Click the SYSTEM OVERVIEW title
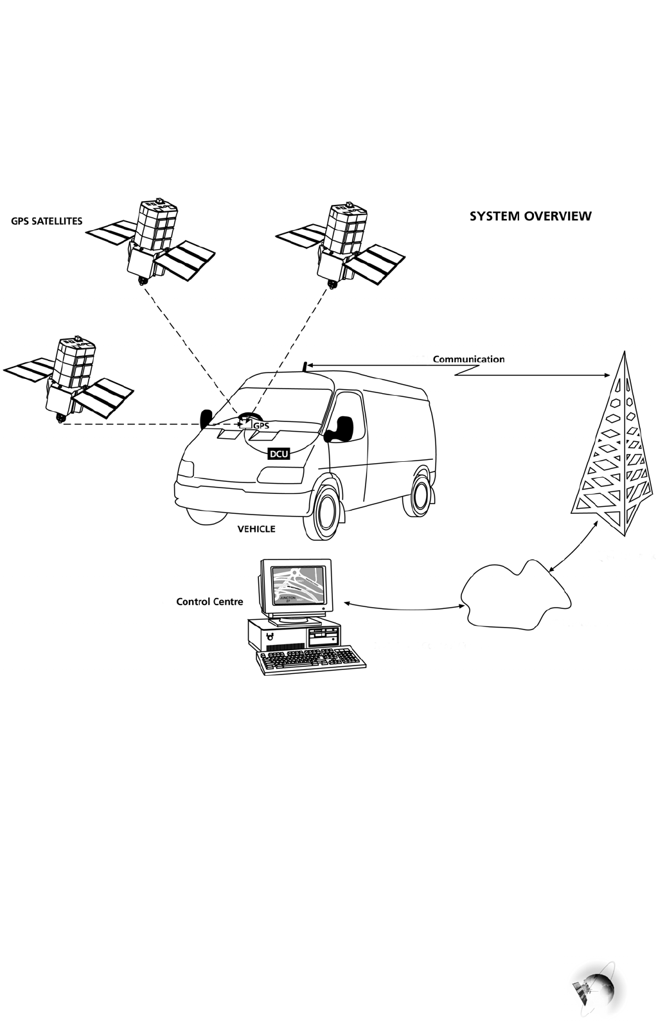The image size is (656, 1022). (530, 216)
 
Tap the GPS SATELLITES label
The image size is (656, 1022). (47, 221)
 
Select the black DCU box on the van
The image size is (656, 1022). (279, 454)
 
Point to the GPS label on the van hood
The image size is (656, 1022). (260, 425)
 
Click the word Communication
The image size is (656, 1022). (468, 359)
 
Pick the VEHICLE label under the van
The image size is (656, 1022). (256, 529)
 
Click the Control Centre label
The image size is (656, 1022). (209, 602)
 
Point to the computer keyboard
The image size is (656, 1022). (312, 660)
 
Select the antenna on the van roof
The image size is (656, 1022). (305, 366)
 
